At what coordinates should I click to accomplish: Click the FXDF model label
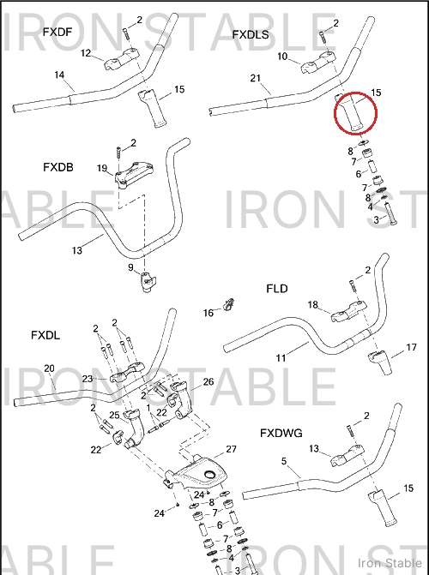coord(57,33)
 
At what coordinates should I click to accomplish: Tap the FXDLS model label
coord(251,35)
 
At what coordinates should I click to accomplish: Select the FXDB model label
coord(58,167)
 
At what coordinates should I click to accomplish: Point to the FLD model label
coord(277,289)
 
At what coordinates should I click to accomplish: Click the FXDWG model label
coord(281,433)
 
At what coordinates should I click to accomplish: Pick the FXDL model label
coord(45,335)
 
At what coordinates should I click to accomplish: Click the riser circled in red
coord(352,112)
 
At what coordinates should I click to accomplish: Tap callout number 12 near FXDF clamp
coord(86,53)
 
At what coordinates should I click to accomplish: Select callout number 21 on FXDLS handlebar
coord(256,78)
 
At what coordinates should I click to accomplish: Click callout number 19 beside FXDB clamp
coord(102,168)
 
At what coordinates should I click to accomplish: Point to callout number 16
coord(208,313)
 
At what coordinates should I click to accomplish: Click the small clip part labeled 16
coord(229,304)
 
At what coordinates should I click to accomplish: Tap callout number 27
coord(231,449)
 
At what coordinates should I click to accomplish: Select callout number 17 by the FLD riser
coord(411,347)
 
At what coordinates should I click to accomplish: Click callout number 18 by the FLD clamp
coord(313,305)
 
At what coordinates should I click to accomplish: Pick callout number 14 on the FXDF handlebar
coord(59,75)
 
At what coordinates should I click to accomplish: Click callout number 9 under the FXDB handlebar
coord(130,267)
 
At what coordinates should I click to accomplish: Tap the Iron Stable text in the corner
coord(390,563)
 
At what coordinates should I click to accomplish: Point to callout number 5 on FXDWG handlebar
coord(284,461)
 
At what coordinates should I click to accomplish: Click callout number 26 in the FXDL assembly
coord(208,381)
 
